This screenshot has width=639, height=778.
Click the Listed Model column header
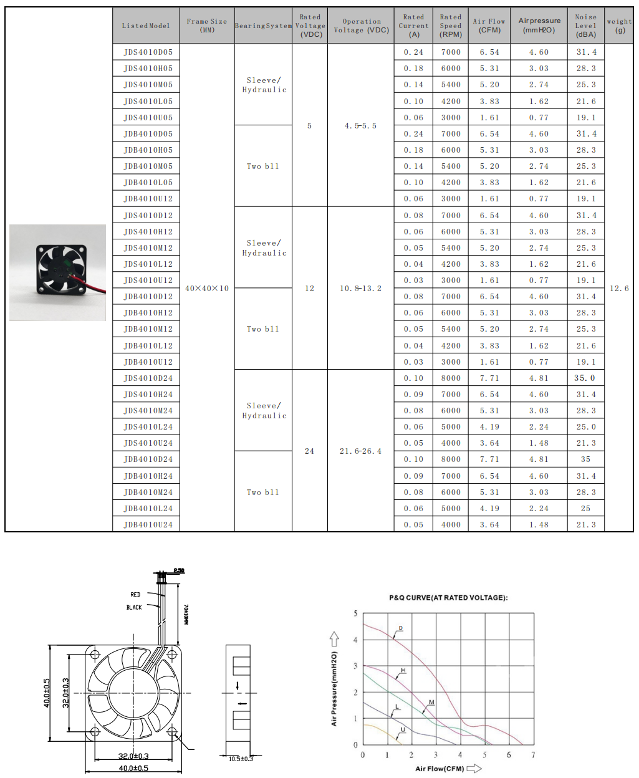pos(146,26)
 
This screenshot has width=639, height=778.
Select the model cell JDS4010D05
pos(148,52)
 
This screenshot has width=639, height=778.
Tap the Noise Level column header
pos(586,26)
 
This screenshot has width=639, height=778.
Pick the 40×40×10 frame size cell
pos(207,289)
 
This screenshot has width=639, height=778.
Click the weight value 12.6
pos(619,289)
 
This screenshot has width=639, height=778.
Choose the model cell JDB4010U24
pos(148,524)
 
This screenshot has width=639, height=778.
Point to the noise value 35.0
pos(585,378)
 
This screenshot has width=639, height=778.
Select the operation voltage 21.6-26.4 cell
pos(360,451)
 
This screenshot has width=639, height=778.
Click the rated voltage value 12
pos(310,289)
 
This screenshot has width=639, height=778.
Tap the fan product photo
pos(57,272)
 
